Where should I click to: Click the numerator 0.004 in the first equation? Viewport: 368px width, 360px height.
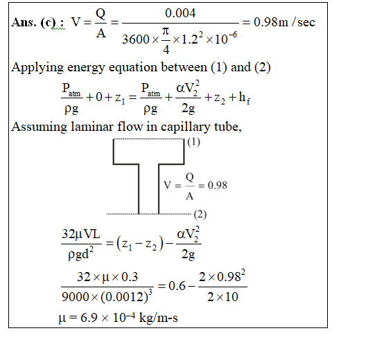point(180,13)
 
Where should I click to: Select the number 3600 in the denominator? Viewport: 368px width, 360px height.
point(136,39)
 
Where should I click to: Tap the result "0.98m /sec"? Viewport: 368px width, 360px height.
point(284,22)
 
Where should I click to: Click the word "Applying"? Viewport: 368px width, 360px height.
point(37,68)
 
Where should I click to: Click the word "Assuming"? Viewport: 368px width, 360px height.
point(39,127)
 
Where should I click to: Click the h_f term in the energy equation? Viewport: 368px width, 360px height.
point(245,97)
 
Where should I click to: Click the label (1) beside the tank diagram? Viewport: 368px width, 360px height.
point(193,142)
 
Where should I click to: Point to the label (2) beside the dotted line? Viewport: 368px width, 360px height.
point(200,215)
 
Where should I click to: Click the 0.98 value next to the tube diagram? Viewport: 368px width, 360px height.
point(218,186)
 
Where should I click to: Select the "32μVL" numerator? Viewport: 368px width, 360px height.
point(81,234)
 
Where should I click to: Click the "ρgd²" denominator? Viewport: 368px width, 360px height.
point(80,253)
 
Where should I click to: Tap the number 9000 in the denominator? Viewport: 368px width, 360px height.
point(75,297)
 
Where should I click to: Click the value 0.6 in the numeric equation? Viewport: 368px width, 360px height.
point(177,286)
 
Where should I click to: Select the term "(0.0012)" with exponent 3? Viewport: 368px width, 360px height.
point(127,296)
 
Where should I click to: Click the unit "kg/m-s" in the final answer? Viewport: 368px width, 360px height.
point(159,318)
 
